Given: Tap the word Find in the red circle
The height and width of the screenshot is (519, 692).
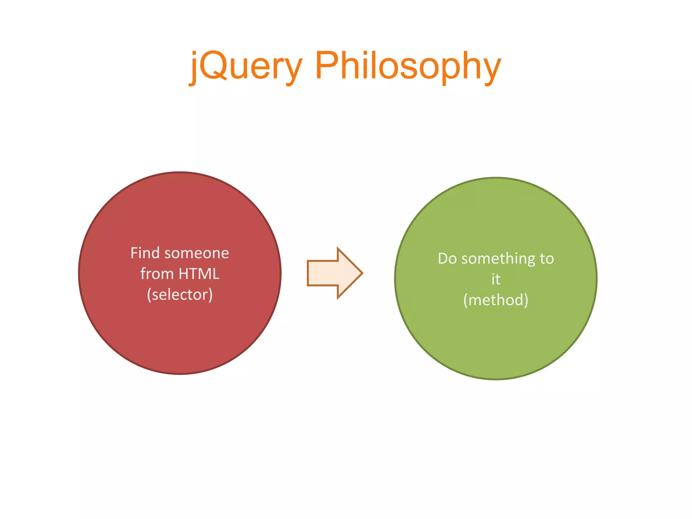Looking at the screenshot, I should coord(145,253).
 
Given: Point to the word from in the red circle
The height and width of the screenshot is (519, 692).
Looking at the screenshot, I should coord(157,274).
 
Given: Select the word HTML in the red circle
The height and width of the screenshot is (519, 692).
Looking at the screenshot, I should coord(199,274).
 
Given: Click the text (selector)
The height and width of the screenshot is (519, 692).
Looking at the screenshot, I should coord(180,295).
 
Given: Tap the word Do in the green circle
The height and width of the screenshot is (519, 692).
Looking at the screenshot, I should coord(447,259).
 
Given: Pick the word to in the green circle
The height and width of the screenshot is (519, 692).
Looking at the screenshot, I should coord(547,259).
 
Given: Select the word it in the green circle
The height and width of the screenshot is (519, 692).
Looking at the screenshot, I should coord(496,279).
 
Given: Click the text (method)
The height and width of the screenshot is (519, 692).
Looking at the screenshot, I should coord(496,300).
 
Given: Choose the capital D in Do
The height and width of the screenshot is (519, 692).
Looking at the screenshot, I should coord(443,259).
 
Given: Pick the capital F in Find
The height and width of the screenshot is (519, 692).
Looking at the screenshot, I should coord(134,253).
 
